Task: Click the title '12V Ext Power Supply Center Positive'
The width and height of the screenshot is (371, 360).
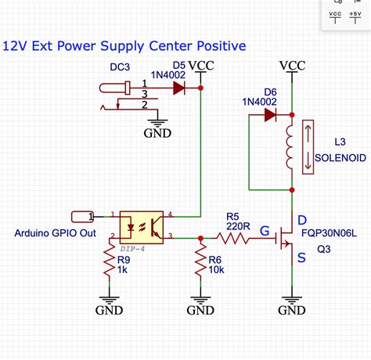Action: coord(123,46)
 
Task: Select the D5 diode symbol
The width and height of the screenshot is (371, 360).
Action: coord(179,88)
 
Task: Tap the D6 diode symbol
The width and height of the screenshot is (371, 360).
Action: coord(270,115)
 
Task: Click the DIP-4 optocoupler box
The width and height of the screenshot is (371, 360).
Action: coord(142,225)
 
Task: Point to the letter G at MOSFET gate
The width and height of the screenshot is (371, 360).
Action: coord(265,232)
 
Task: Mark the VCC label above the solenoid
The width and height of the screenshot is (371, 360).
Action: coord(292,65)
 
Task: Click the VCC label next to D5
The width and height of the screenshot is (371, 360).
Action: coord(200,65)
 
